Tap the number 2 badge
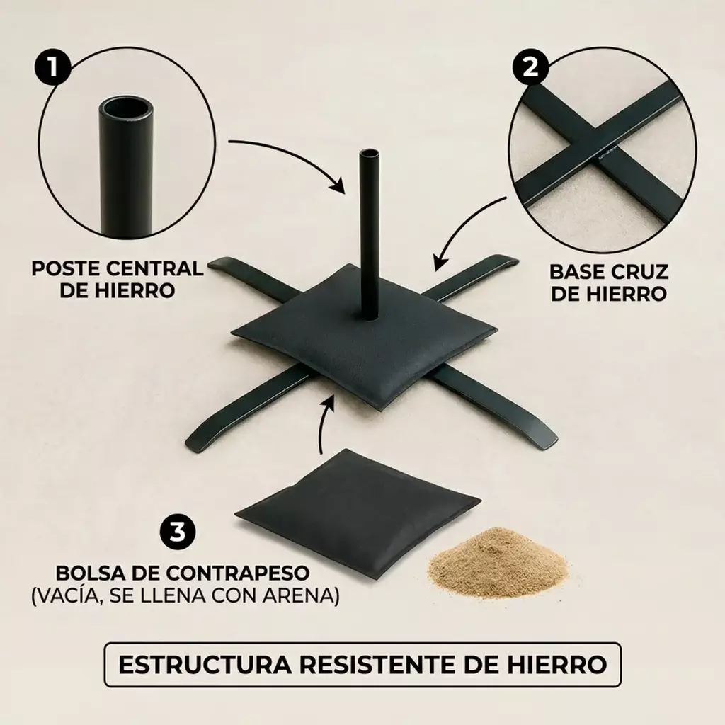pyautogui.click(x=530, y=69)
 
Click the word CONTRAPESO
pyautogui.click(x=238, y=573)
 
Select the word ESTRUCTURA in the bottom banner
pyautogui.click(x=205, y=664)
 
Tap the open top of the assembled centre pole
pyautogui.click(x=368, y=154)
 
